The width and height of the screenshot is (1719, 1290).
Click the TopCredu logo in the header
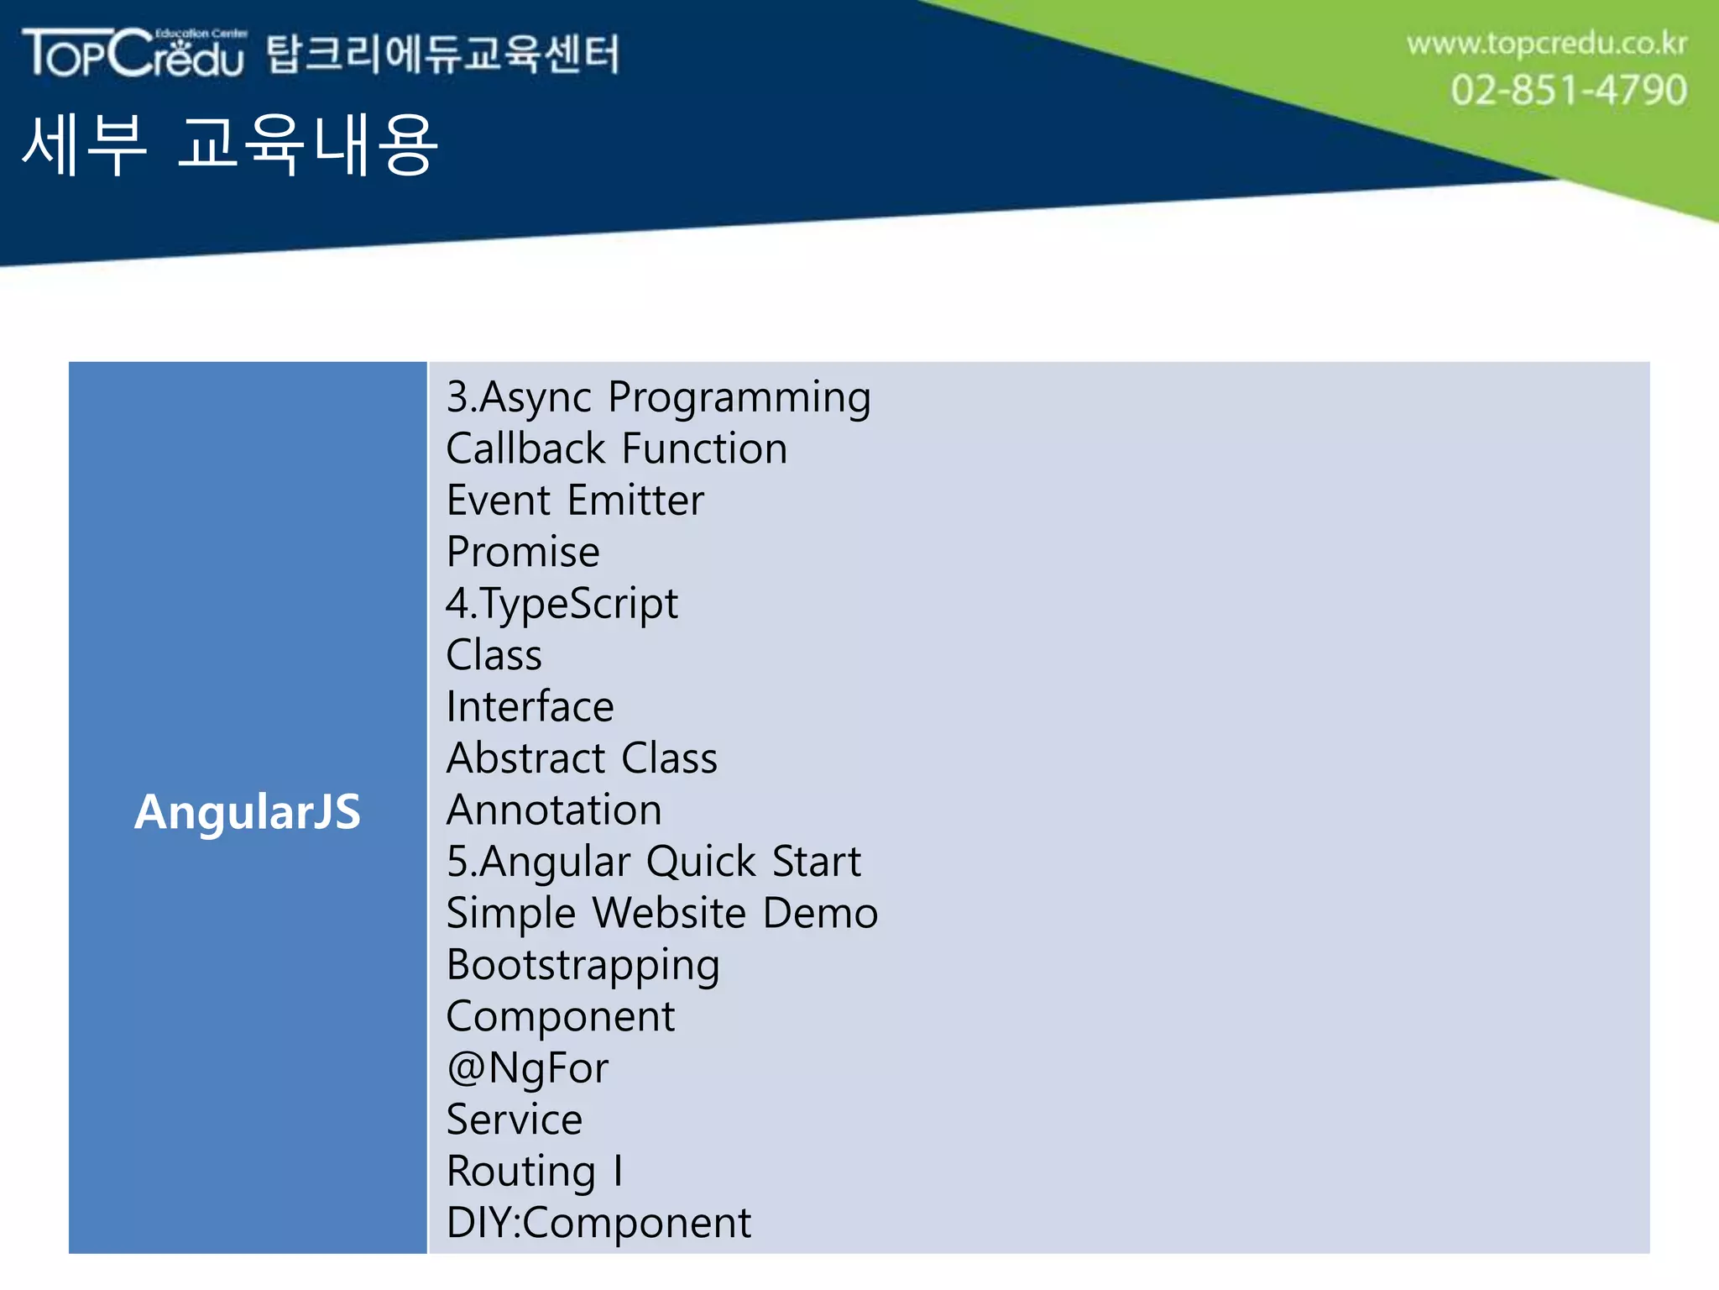click(134, 53)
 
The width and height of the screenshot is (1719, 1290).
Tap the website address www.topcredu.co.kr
click(1546, 44)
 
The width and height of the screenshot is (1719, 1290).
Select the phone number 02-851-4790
click(1568, 90)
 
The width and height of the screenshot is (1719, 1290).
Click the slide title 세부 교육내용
click(229, 144)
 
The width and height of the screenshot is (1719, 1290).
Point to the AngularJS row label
click(248, 812)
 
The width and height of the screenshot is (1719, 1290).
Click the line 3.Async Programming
click(658, 397)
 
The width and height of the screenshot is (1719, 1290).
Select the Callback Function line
click(616, 448)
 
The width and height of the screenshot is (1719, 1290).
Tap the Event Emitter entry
click(575, 501)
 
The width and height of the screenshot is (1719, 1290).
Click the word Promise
click(523, 552)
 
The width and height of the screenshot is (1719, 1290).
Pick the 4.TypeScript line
click(562, 604)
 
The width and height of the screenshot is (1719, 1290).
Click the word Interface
click(530, 706)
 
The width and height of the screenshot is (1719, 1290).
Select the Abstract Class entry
click(582, 758)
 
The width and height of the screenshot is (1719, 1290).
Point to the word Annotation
click(554, 810)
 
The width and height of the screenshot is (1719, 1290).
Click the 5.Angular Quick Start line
click(653, 862)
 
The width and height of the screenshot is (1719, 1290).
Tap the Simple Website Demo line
click(661, 913)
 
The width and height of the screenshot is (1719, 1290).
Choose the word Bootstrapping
click(583, 965)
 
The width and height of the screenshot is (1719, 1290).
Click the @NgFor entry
click(527, 1068)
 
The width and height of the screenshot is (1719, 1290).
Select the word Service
click(514, 1120)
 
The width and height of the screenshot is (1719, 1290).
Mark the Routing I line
click(535, 1172)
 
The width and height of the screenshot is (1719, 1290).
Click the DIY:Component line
click(598, 1223)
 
